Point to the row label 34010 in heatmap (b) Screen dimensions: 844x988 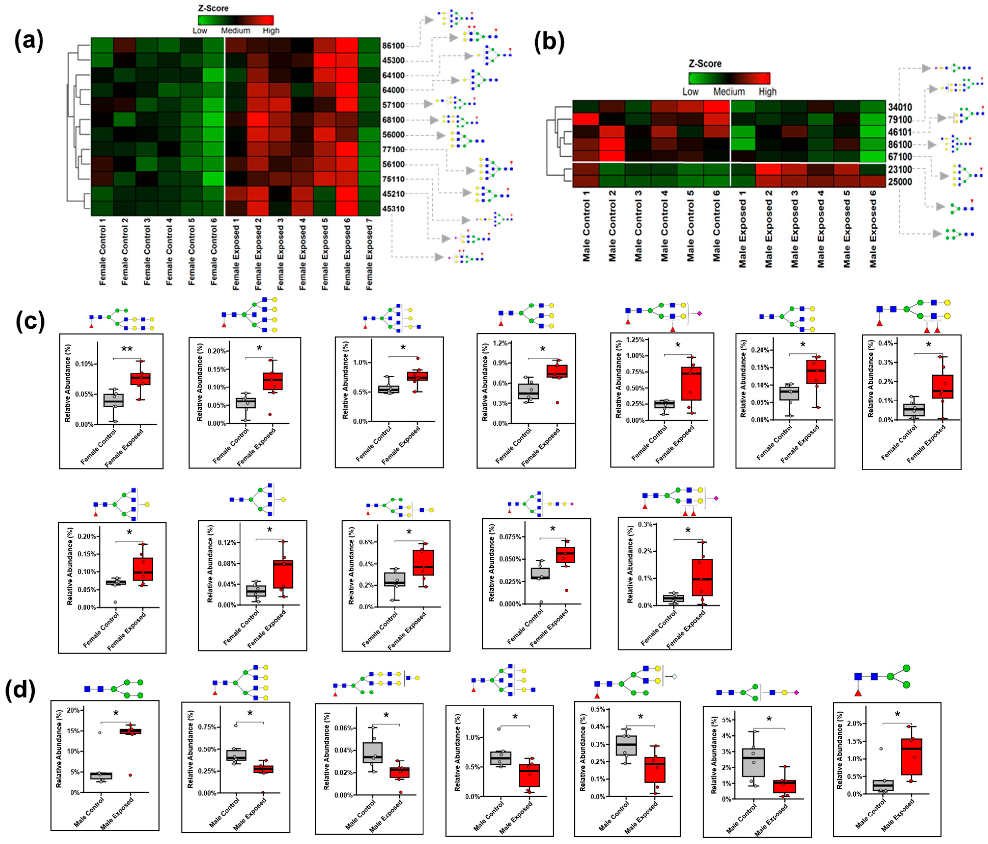click(x=900, y=107)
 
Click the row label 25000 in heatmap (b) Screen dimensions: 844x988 click(x=900, y=181)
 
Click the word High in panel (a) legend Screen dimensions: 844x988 click(x=271, y=30)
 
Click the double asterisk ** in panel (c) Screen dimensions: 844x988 click(x=127, y=349)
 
